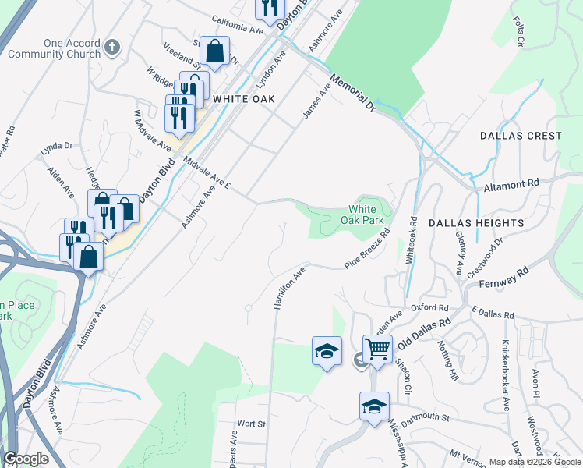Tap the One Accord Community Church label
(x=62, y=48)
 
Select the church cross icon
(x=112, y=48)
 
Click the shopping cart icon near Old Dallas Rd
(x=377, y=348)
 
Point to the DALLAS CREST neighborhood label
(x=521, y=136)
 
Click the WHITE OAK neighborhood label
(x=246, y=99)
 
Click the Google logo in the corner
(x=26, y=459)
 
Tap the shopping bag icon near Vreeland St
(x=214, y=52)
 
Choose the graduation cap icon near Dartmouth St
(x=374, y=406)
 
